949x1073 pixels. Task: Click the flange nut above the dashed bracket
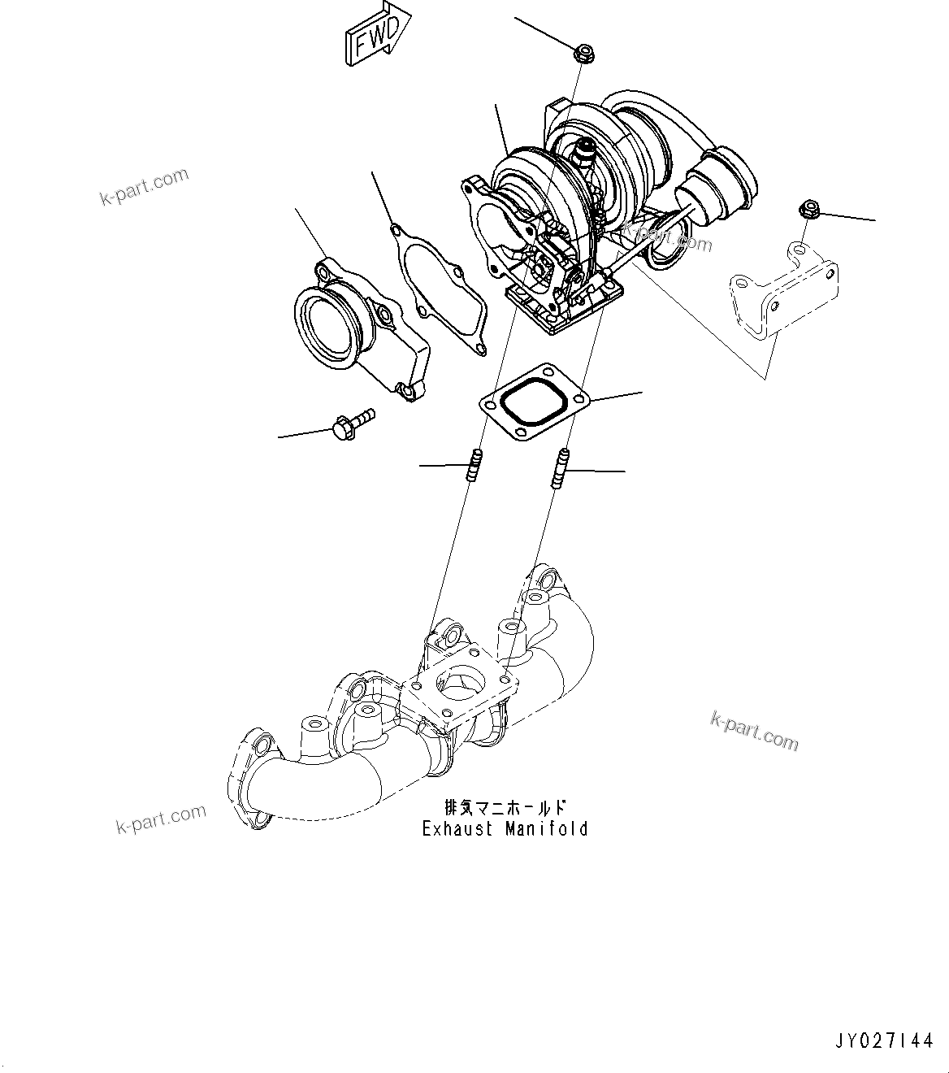(808, 209)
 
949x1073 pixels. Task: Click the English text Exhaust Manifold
(505, 829)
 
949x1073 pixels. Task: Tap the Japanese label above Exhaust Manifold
(505, 808)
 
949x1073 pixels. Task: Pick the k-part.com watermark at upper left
(144, 187)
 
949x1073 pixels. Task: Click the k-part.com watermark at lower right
(754, 730)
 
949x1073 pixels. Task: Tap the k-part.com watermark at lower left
(161, 819)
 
